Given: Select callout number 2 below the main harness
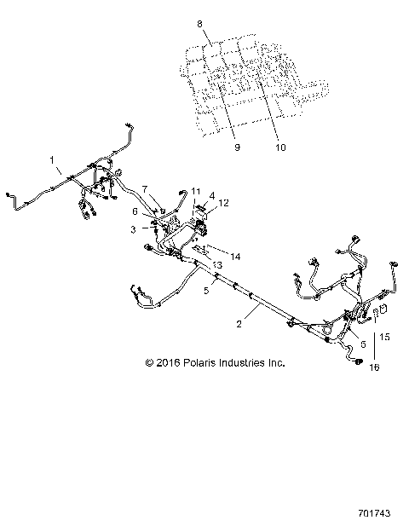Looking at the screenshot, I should (x=239, y=324).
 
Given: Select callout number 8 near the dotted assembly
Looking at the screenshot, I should (x=200, y=25).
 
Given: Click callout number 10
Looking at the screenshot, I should (x=281, y=147).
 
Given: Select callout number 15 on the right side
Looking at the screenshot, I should (x=384, y=338).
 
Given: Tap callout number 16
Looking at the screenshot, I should (x=372, y=367).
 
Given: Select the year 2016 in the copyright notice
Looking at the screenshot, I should (x=164, y=362).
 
